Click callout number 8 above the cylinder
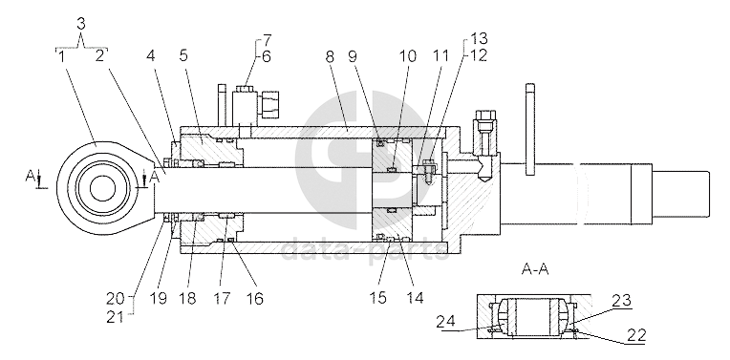330,57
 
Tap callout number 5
183,56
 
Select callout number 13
479,38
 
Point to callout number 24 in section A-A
445,323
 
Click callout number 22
636,336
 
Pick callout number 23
622,301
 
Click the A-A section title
535,269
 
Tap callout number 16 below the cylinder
255,298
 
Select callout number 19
159,298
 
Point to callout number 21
116,317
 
